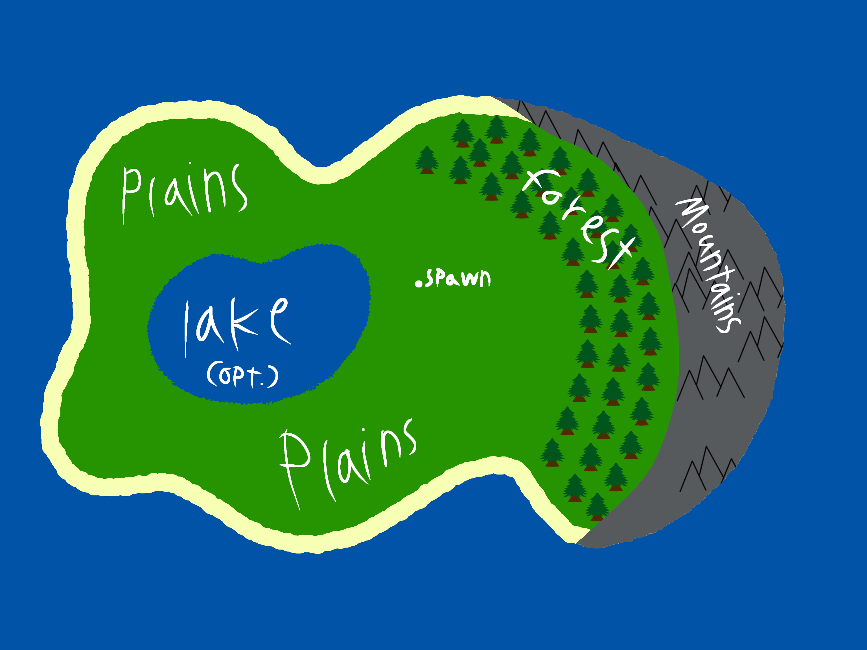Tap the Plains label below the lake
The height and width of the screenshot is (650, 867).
tap(347, 462)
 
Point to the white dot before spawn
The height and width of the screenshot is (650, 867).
tap(419, 284)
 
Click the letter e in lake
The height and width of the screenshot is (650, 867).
tap(279, 319)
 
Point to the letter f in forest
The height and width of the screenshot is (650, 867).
tap(537, 182)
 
